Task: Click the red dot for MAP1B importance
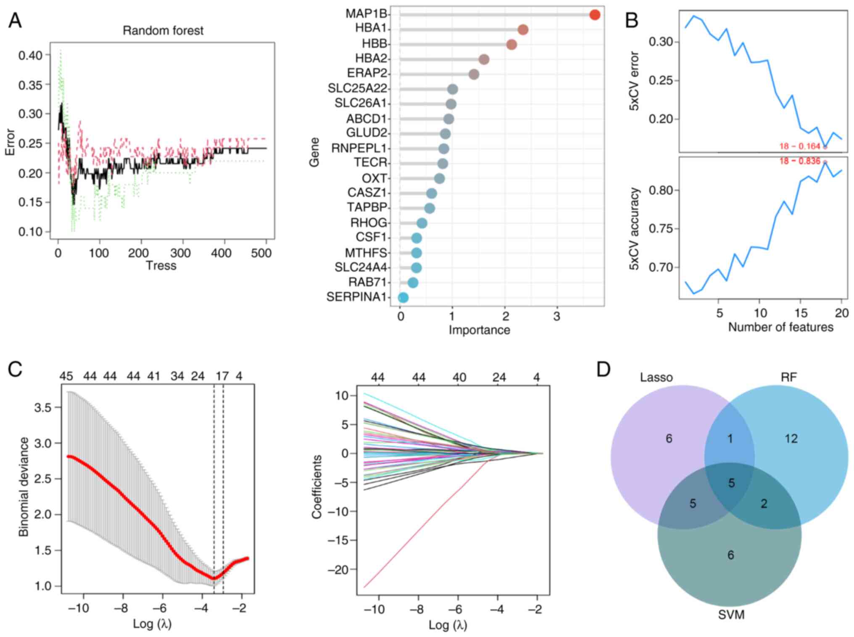(594, 15)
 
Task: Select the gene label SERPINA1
(356, 297)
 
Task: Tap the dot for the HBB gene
(511, 45)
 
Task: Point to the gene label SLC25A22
(357, 89)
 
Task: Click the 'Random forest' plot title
(163, 31)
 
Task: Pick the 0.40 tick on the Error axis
(30, 56)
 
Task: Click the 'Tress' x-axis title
(161, 266)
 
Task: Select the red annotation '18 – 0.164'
(799, 146)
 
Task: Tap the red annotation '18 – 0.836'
(799, 161)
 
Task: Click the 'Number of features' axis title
(780, 327)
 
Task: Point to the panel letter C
(15, 370)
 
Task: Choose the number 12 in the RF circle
(791, 439)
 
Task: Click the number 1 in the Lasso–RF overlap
(730, 439)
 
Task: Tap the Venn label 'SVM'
(731, 615)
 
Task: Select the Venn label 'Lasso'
(656, 378)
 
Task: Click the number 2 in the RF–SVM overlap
(764, 504)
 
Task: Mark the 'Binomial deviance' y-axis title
(24, 487)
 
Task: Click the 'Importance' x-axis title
(479, 330)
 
